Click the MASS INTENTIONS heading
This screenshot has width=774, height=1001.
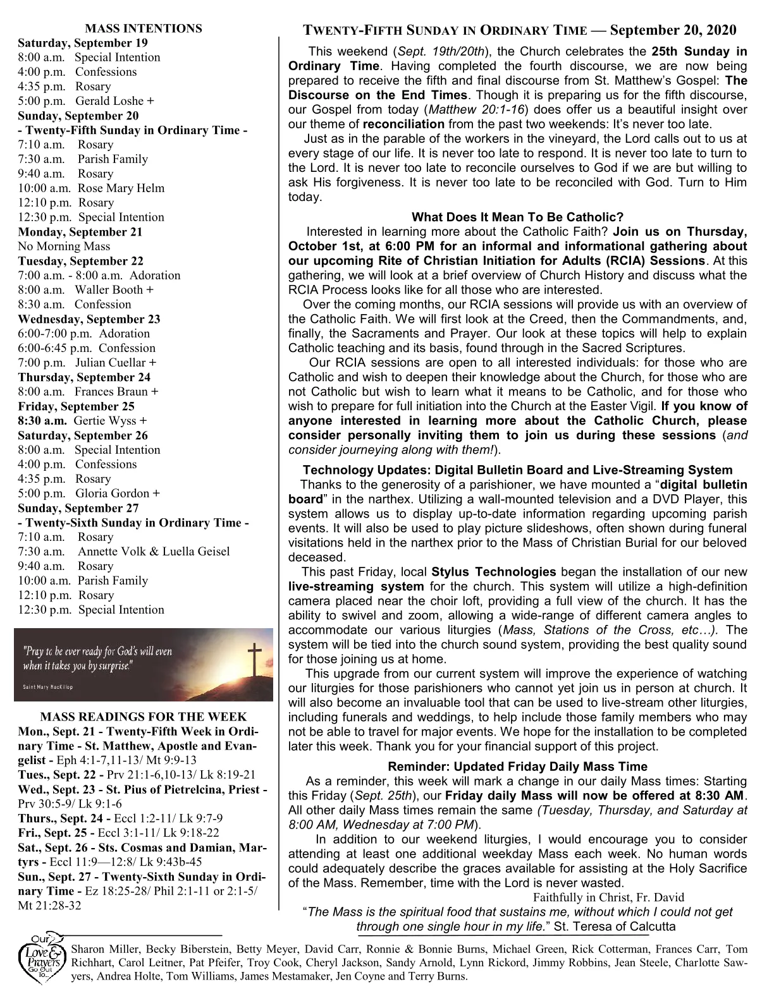pyautogui.click(x=144, y=28)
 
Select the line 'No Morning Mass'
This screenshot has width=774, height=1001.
pyautogui.click(x=64, y=246)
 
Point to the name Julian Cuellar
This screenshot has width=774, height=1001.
pyautogui.click(x=111, y=363)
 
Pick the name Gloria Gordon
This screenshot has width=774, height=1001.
pyautogui.click(x=113, y=494)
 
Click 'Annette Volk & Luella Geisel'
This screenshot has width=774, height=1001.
pyautogui.click(x=154, y=552)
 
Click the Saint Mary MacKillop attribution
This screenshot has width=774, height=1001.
pyautogui.click(x=47, y=688)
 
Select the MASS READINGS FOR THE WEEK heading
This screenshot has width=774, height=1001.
pyautogui.click(x=144, y=717)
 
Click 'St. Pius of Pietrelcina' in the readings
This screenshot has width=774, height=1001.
pyautogui.click(x=180, y=789)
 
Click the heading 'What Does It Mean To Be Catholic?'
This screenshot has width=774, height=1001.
pyautogui.click(x=517, y=217)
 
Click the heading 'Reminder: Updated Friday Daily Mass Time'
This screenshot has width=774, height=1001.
pyautogui.click(x=517, y=767)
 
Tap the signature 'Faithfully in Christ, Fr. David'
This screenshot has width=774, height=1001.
pyautogui.click(x=608, y=897)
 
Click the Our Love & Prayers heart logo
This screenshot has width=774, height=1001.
pyautogui.click(x=41, y=960)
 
